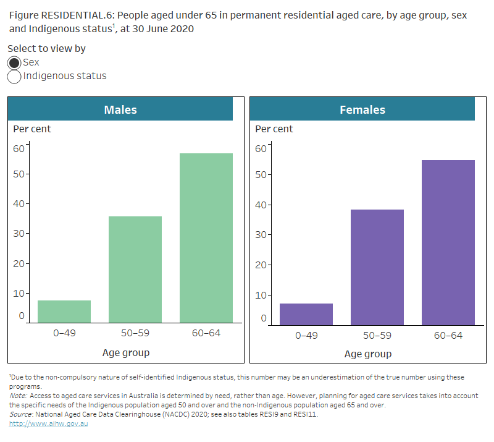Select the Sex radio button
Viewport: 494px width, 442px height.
pos(14,62)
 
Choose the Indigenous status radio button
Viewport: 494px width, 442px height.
pos(14,77)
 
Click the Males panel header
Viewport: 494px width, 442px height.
pos(120,109)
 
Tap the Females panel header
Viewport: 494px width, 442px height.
pos(362,109)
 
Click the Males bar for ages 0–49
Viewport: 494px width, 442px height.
pos(64,312)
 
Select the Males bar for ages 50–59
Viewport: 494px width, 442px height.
pos(135,270)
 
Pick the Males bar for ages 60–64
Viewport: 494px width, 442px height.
pos(206,238)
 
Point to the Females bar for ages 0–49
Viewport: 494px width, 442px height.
pos(306,314)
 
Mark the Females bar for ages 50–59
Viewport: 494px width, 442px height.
pos(377,267)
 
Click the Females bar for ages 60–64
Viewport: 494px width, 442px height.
pos(448,242)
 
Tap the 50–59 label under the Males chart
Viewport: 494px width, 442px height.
pos(135,334)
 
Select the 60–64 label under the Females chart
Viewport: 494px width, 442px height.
pos(448,336)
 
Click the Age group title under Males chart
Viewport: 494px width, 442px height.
pos(126,353)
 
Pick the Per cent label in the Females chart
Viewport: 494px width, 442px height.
pos(274,129)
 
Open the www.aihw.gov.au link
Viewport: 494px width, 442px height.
pos(48,424)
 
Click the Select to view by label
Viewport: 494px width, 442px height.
pos(46,48)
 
